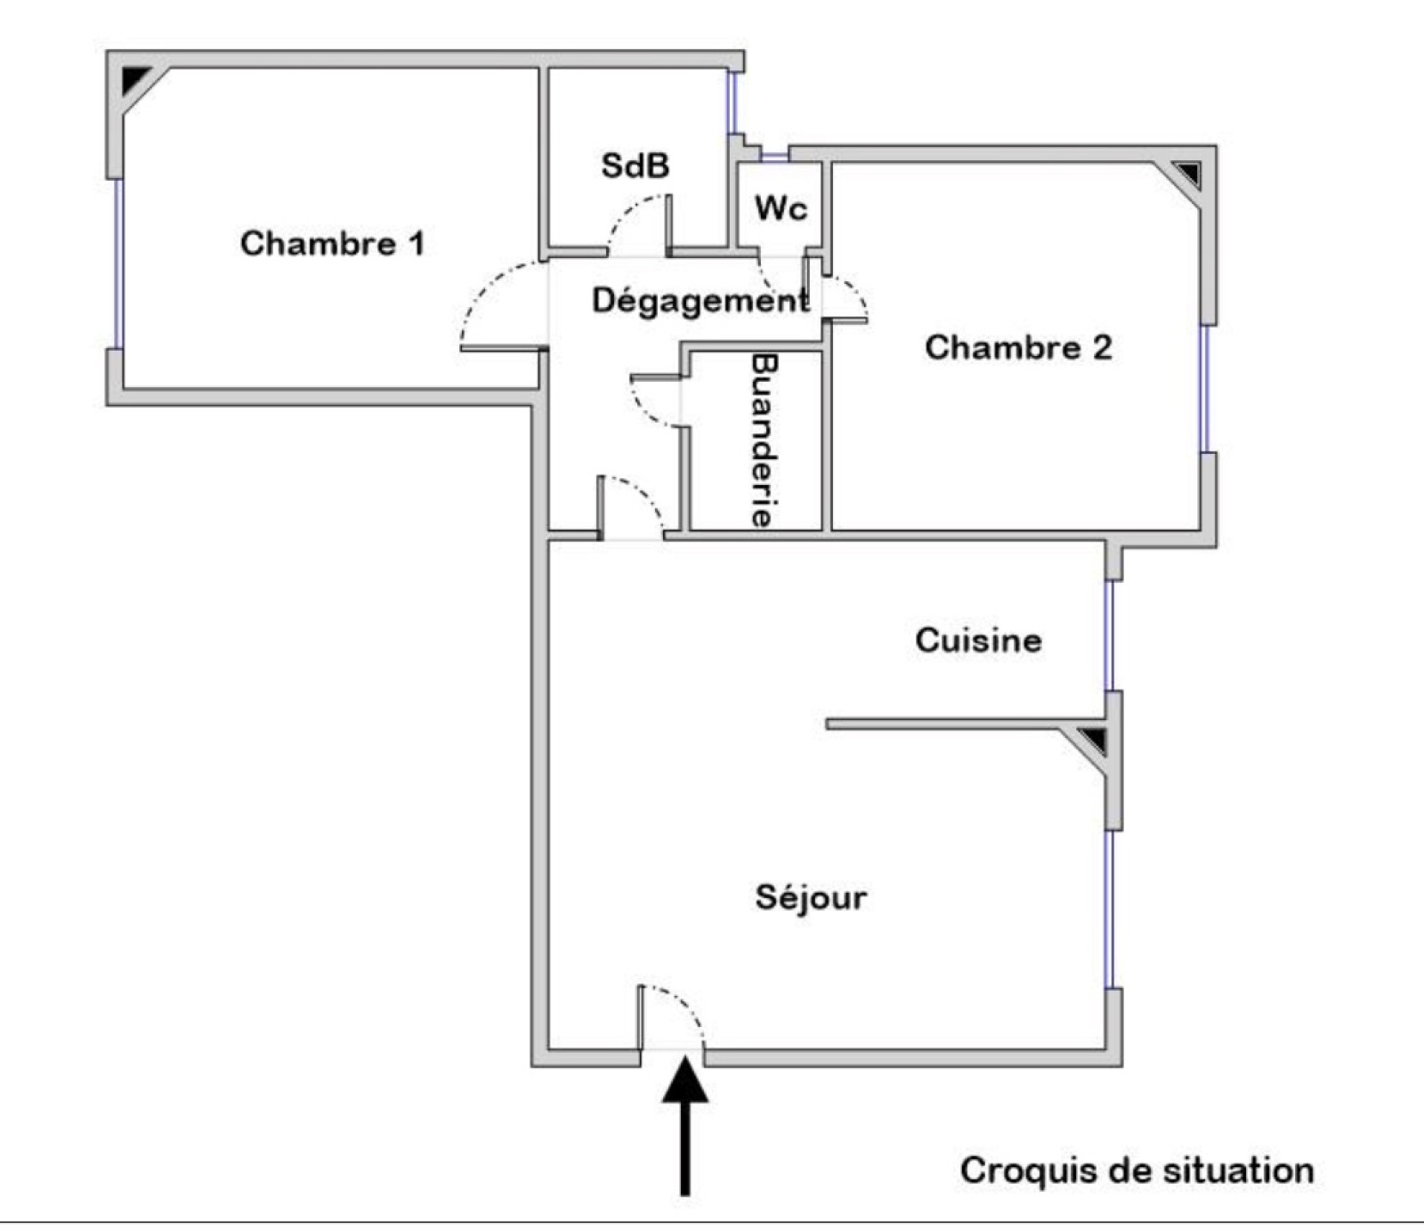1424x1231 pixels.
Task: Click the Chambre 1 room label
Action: [332, 243]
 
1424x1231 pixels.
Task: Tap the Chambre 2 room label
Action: [1018, 347]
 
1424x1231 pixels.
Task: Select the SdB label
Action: [635, 166]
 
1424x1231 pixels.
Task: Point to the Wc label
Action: [781, 209]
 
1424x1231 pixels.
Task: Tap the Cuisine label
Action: [978, 640]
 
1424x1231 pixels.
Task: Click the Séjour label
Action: [811, 896]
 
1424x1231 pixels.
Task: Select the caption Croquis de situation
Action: [1137, 1170]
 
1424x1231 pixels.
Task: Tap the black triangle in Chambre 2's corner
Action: [1187, 173]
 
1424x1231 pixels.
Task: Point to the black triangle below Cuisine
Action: [1093, 739]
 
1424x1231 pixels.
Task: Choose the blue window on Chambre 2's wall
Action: [1206, 389]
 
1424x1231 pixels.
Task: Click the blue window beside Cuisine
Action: [1109, 635]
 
